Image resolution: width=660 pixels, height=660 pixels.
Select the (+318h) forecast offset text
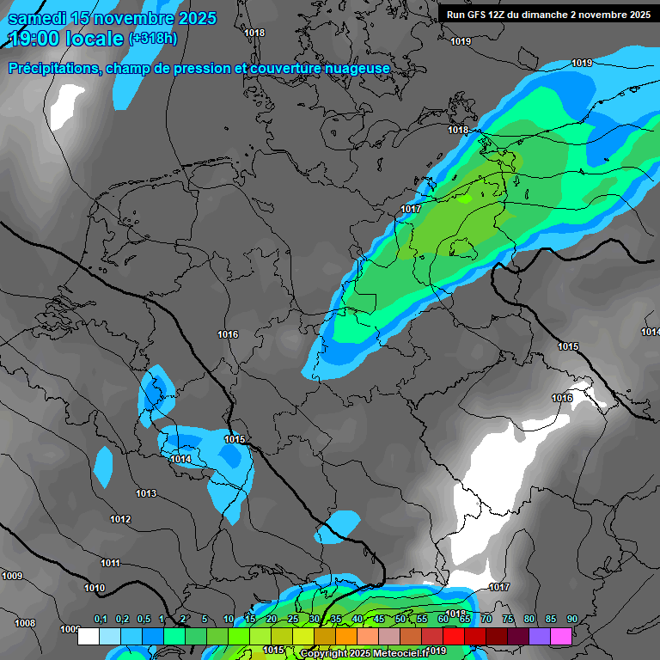click(x=153, y=39)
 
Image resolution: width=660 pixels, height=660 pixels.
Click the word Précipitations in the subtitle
click(x=52, y=68)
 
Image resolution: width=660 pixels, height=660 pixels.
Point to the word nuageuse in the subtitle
click(x=357, y=68)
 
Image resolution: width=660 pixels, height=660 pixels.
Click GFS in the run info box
click(x=480, y=15)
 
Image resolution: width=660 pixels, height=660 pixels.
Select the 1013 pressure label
click(x=146, y=493)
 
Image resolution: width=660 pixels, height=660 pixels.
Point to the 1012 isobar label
click(x=120, y=519)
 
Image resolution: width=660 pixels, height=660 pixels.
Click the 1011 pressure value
click(x=110, y=563)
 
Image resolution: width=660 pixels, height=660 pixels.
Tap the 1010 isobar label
click(x=95, y=588)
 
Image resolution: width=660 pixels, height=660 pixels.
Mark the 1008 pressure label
click(x=25, y=623)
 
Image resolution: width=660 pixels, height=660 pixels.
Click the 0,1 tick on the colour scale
click(x=101, y=620)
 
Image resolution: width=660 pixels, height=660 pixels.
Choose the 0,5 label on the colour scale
click(x=144, y=620)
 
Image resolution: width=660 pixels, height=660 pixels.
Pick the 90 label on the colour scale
click(x=572, y=620)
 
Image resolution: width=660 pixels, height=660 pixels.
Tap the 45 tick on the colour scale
click(x=379, y=620)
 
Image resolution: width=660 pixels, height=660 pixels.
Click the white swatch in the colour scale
click(x=88, y=636)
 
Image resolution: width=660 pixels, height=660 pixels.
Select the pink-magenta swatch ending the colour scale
click(x=561, y=636)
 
